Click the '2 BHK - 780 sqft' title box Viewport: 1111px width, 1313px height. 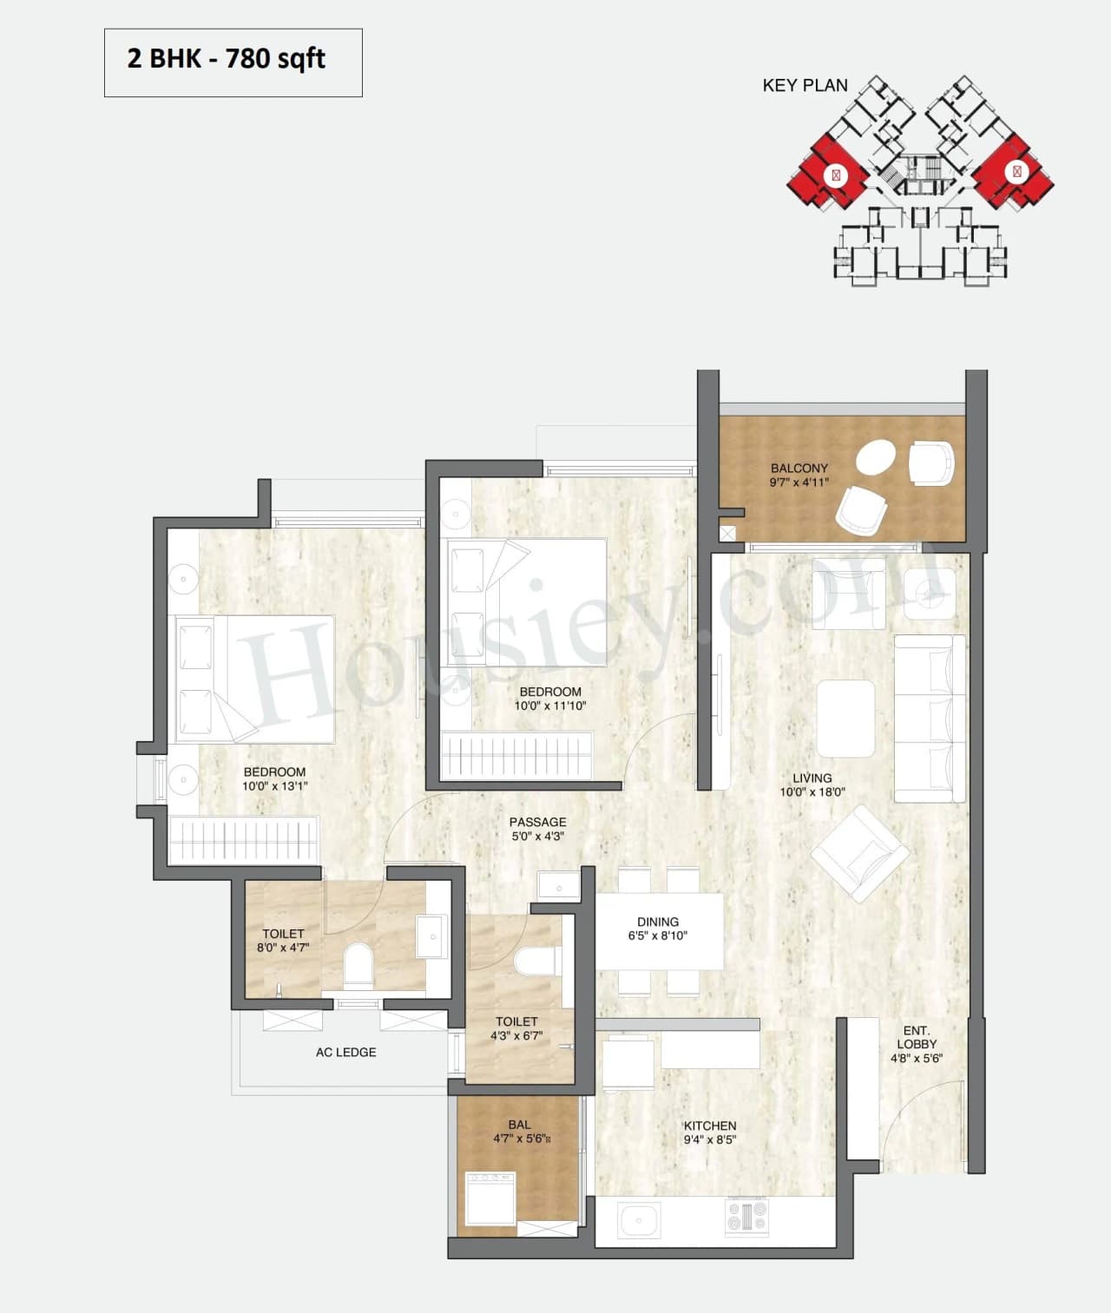[233, 62]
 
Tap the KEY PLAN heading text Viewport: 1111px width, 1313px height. [805, 85]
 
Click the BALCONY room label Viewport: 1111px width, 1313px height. [799, 468]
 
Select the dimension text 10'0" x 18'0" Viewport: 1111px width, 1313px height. [812, 792]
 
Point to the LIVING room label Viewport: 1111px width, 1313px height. [812, 778]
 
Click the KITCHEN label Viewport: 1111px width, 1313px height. [709, 1126]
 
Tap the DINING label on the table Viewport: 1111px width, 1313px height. [658, 922]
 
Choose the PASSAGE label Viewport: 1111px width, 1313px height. [537, 822]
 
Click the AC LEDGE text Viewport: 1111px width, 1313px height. [345, 1052]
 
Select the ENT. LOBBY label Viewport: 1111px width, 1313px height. [917, 1037]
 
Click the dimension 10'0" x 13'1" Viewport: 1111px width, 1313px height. [275, 786]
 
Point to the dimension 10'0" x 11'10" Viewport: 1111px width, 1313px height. [550, 706]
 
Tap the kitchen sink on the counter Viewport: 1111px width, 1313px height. [638, 1221]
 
